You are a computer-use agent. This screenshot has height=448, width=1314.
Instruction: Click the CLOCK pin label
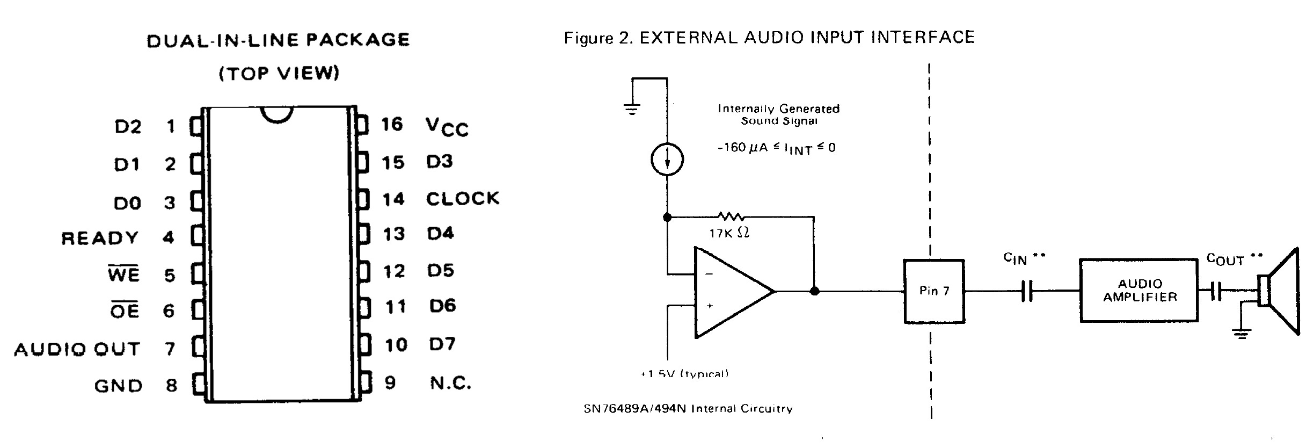coord(462,199)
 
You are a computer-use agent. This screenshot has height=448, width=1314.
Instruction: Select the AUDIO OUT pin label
coord(77,350)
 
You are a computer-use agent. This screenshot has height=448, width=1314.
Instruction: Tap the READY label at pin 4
coord(100,238)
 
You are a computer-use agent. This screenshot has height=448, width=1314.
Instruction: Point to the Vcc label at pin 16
coord(447,127)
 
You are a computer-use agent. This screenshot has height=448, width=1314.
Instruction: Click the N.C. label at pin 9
coord(450,383)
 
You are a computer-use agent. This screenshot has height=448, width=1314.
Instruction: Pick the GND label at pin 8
coord(118,386)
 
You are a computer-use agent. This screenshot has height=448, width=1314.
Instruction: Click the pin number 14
coord(393,199)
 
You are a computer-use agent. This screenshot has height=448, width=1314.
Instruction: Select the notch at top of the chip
coord(277,114)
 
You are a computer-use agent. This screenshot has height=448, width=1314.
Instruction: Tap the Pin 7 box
coord(934,291)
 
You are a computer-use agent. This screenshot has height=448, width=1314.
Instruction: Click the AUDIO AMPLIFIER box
coord(1139,291)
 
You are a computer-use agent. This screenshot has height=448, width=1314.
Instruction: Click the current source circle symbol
coord(667,160)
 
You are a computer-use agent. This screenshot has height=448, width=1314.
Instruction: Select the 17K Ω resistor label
coord(729,233)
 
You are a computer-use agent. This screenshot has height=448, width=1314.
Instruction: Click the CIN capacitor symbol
coord(1026,292)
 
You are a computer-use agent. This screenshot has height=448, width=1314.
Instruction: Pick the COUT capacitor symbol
coord(1216,292)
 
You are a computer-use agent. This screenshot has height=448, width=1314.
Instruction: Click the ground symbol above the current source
coord(632,110)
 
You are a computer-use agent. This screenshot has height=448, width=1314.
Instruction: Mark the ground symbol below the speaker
coord(1240,334)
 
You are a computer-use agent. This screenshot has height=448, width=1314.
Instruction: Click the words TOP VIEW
coord(279,73)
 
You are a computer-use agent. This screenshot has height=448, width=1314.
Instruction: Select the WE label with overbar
coord(123,274)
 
